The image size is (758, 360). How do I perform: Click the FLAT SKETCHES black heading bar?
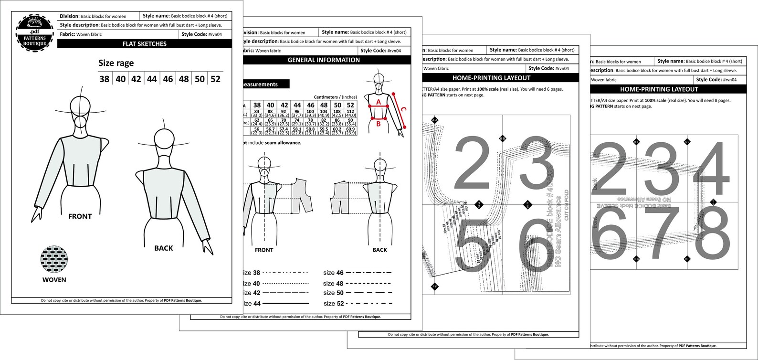pos(144,44)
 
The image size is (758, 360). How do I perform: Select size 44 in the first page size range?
pos(152,79)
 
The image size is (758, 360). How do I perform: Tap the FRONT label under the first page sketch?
pos(80,216)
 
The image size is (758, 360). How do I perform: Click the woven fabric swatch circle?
pos(54,259)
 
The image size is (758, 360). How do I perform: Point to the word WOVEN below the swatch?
pos(54,280)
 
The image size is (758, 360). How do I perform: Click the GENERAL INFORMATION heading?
pos(324,60)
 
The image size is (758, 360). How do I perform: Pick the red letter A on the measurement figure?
pos(379,102)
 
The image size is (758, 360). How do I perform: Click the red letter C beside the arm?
pos(403,109)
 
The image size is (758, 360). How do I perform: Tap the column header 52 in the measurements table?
pos(350,105)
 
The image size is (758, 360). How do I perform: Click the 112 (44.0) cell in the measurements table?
pos(350,114)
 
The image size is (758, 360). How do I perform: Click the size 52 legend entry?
pos(358,303)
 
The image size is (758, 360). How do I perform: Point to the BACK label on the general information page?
pos(379,250)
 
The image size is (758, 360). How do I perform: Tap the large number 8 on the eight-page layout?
pos(712,234)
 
